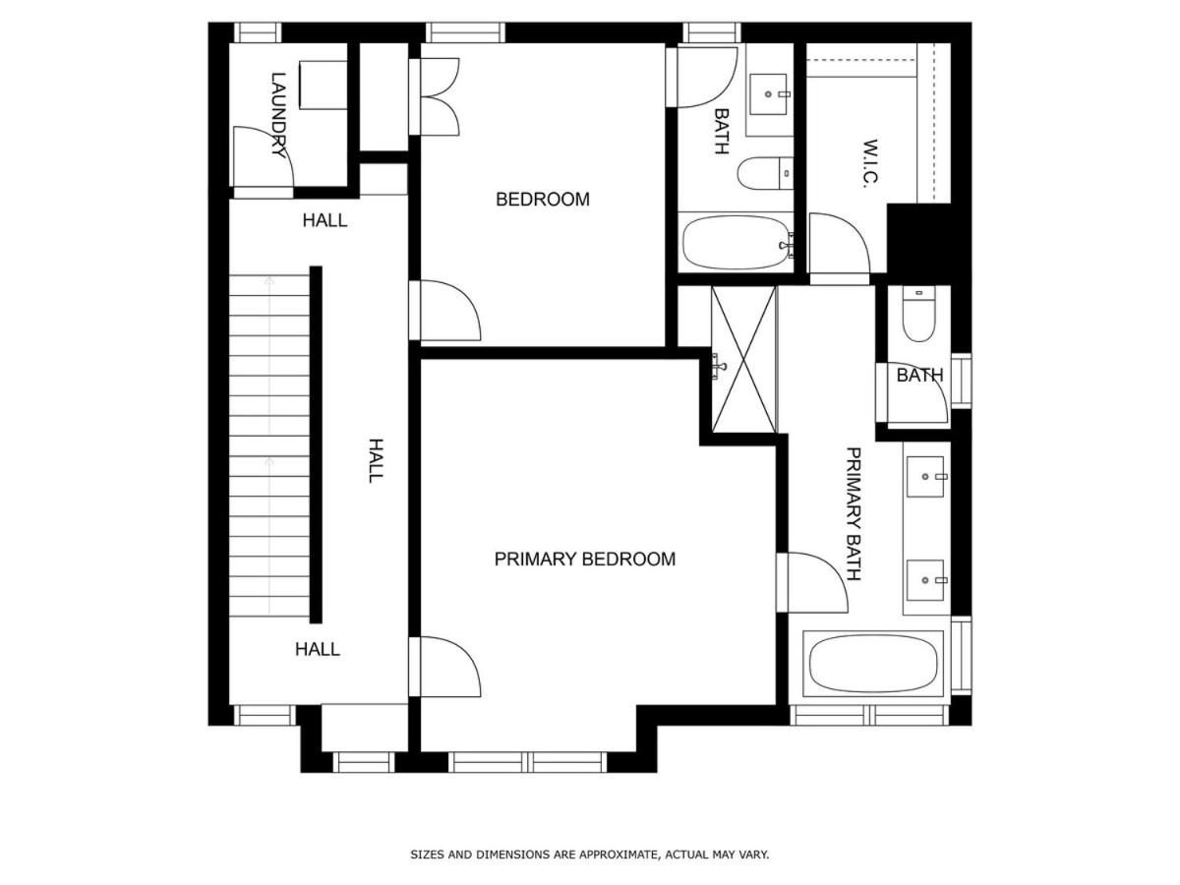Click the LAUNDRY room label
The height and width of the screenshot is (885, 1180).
278,115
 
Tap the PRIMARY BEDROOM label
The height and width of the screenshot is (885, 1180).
584,560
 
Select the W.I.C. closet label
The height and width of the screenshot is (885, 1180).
870,164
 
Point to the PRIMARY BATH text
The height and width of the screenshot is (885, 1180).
854,514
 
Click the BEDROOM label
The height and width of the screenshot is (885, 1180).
543,200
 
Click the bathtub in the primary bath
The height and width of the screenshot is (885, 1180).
873,664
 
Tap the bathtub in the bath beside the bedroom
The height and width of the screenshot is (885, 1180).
735,242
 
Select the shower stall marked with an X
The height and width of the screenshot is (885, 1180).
743,359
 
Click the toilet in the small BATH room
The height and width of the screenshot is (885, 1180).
918,314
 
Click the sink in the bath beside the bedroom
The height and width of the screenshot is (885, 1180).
768,94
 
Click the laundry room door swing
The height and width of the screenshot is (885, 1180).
264,157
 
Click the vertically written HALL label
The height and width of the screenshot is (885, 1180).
376,460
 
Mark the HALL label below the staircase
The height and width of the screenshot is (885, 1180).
318,649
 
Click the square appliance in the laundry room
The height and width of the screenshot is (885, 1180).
324,85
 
